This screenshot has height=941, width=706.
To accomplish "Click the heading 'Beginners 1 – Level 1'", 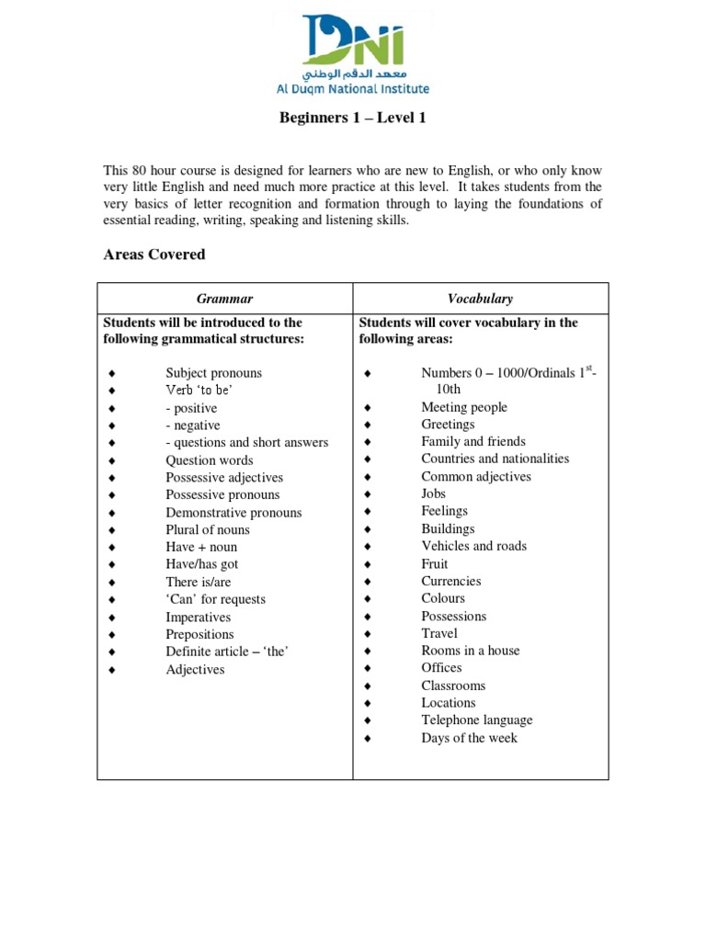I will pos(352,118).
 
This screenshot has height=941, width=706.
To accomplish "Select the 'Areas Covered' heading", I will pos(154,255).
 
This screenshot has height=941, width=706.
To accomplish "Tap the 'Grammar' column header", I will pos(224,299).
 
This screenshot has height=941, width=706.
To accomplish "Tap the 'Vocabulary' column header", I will pos(481,299).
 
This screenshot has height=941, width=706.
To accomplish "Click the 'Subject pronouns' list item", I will pos(213,373).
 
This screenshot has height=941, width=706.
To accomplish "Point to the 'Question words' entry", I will pos(209,460).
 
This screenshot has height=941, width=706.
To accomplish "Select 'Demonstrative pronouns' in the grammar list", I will pos(233,513).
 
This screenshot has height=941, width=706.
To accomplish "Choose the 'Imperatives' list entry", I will pos(199,617).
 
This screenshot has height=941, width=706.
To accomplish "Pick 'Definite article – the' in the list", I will pos(229,652).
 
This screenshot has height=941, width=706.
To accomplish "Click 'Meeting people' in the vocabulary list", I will pos(463,407).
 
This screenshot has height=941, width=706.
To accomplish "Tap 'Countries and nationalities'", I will pos(495,459).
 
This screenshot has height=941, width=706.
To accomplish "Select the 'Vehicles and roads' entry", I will pos(473,546).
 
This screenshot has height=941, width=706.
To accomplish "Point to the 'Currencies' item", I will pos(450,581).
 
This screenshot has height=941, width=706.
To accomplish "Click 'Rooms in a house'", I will pos(470,651).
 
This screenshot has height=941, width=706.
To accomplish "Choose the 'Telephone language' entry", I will pos(476,720).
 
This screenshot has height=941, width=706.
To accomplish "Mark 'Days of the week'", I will pos(469,738).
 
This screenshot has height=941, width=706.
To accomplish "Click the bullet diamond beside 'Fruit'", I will pos(367,564).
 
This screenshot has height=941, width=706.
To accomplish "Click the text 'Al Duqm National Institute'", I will pos(352,89).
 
